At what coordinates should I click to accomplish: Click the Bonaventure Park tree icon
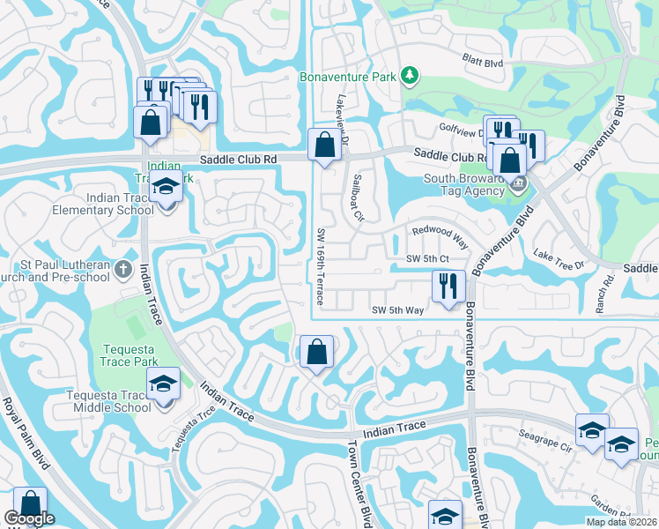[409, 77]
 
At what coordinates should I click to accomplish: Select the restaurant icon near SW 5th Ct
[448, 286]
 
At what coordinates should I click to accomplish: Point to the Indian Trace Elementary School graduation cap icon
[165, 189]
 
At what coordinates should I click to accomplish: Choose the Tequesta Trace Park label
[128, 354]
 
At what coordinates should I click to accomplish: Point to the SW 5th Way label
[398, 310]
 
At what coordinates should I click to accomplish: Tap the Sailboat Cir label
[359, 198]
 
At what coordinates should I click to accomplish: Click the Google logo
[30, 519]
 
